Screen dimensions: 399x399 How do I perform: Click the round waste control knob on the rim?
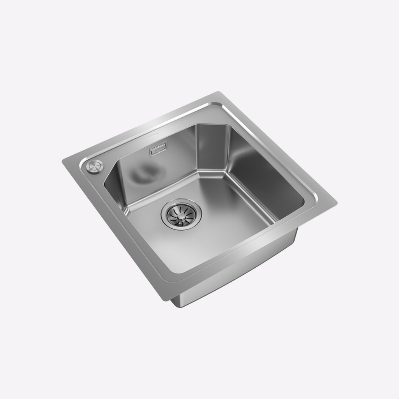coord(94,166)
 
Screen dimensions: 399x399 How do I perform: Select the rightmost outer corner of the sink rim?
coord(337,203)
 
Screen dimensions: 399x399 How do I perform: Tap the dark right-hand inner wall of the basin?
coord(265,175)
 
